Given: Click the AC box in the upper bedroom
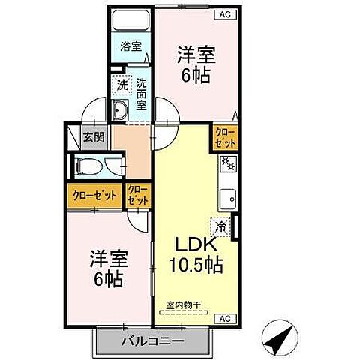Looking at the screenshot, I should coord(224,13).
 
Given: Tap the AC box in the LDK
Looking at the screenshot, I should coord(224,318).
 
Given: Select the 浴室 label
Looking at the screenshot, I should coord(132,46).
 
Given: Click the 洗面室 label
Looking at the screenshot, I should coord(141,88).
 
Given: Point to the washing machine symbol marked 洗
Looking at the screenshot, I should coord(122,85).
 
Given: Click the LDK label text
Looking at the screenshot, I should coord(196,245).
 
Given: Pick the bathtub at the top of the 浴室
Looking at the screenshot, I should coord(131,20).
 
